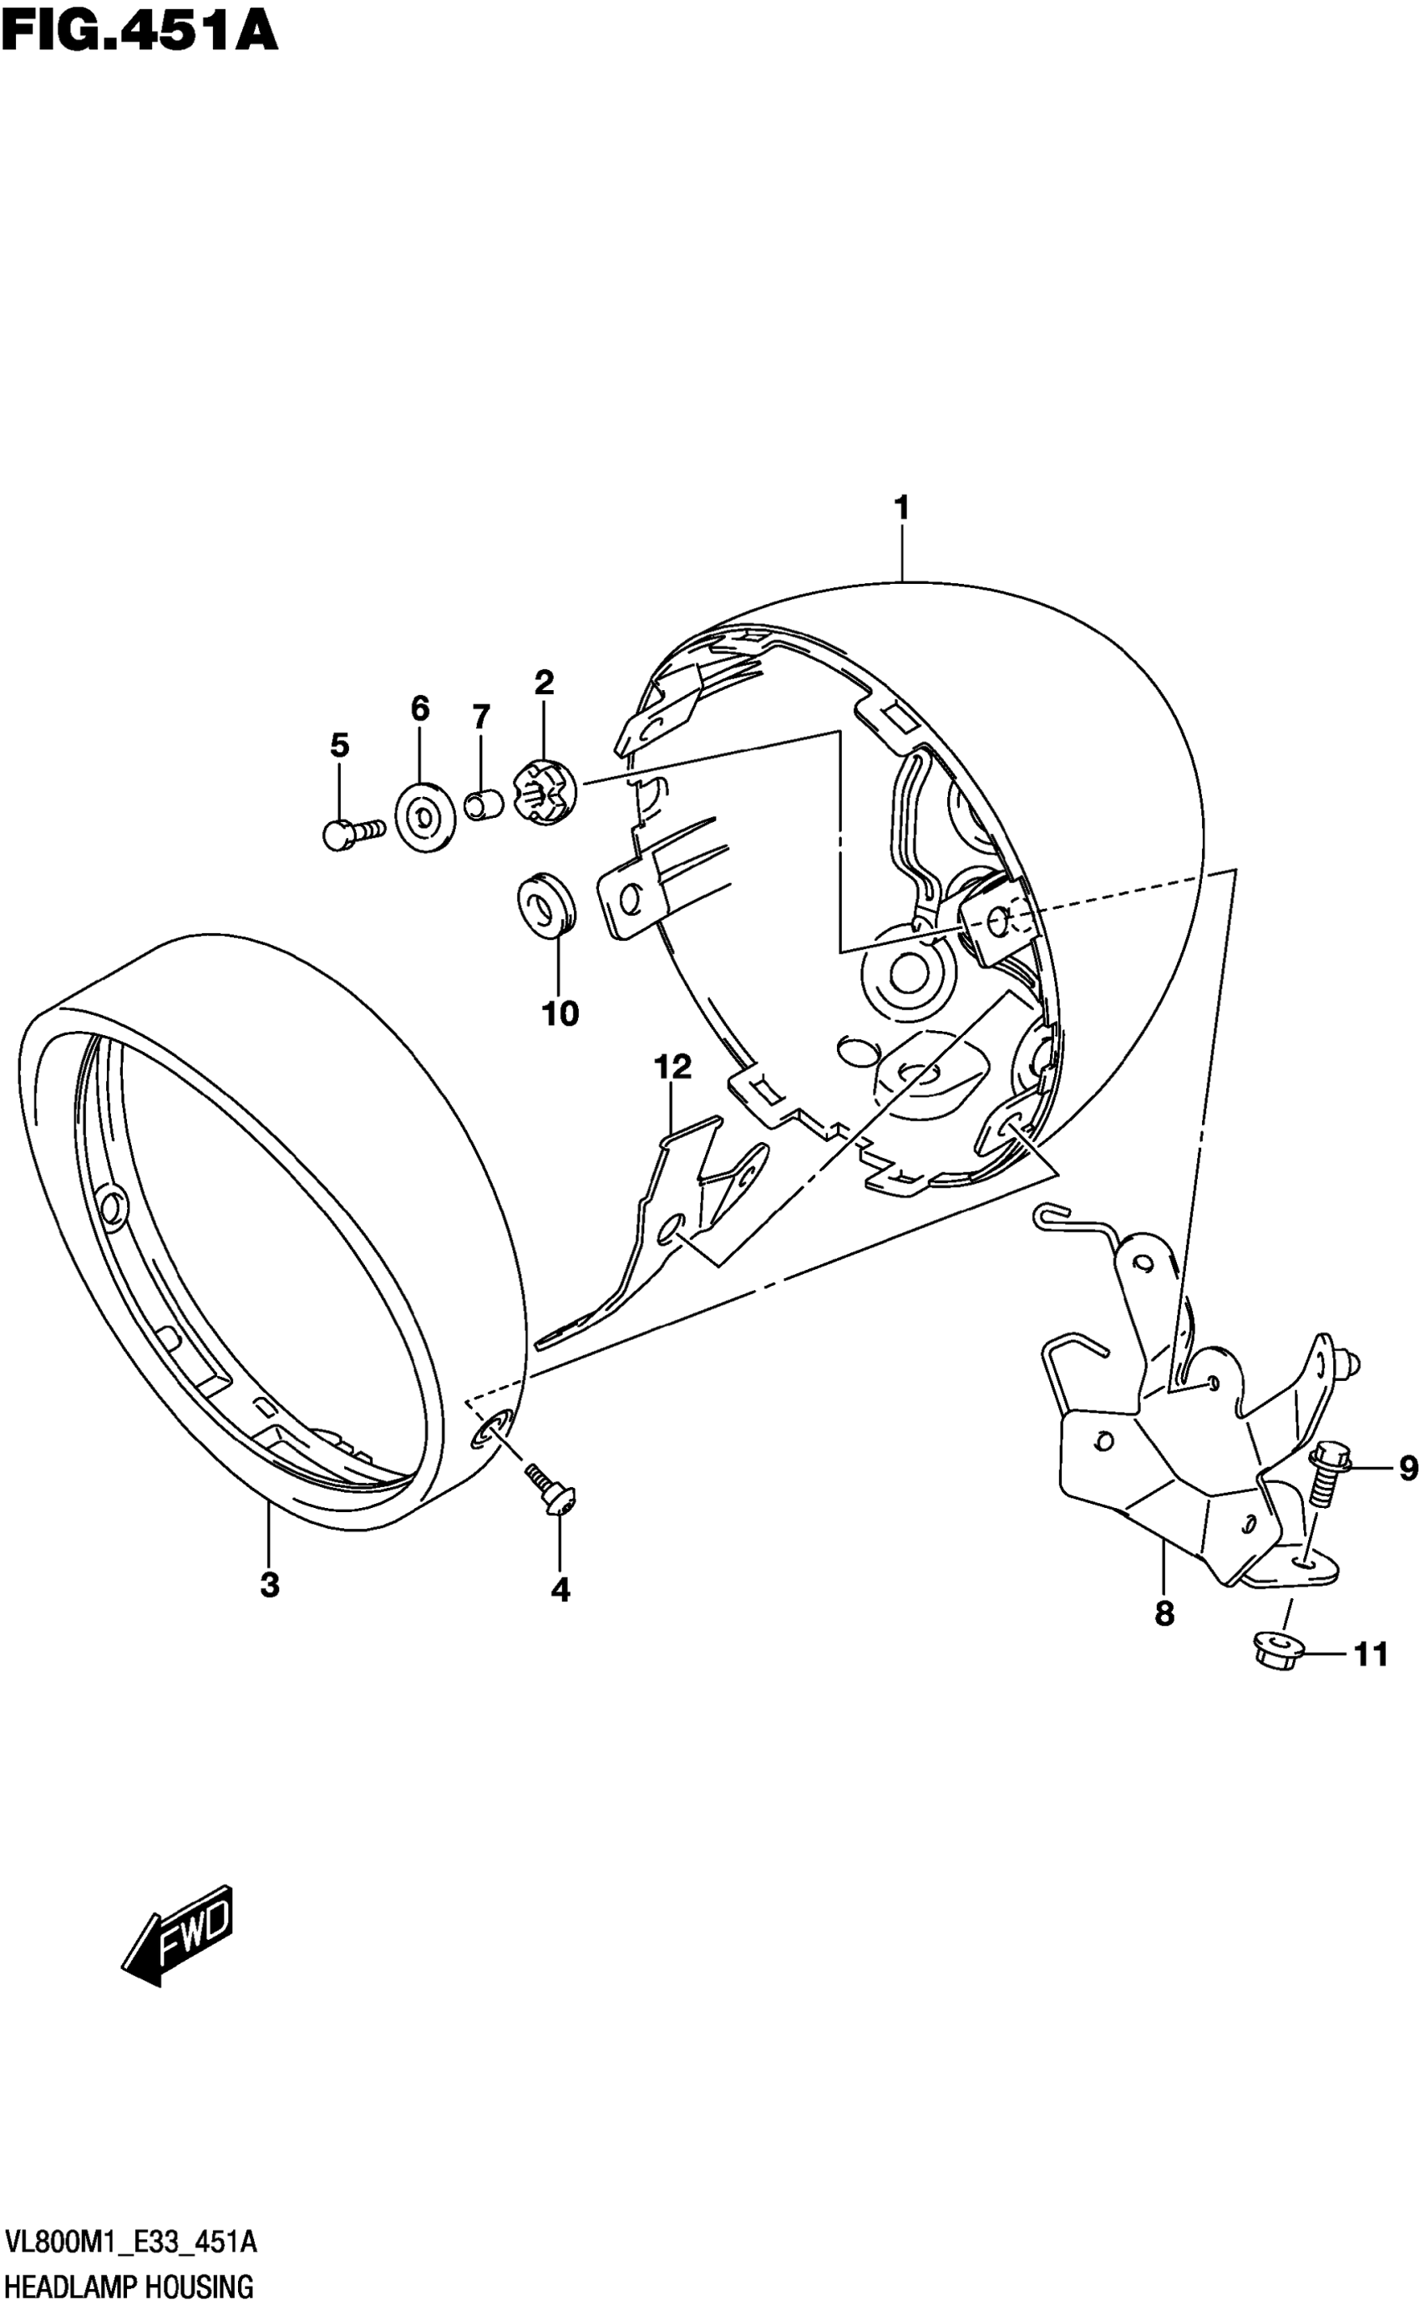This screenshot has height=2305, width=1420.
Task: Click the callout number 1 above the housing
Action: tap(901, 509)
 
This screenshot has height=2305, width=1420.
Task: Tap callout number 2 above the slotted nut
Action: tap(545, 683)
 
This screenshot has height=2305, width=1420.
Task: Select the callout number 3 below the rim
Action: tap(270, 1586)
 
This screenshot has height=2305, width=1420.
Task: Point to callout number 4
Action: tap(560, 1589)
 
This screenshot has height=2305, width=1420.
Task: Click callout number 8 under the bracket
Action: tap(1164, 1614)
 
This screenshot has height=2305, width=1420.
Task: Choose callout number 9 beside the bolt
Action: tap(1407, 1467)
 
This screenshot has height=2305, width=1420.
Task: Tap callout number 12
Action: tap(672, 1066)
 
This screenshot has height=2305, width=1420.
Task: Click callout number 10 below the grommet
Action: tap(560, 1013)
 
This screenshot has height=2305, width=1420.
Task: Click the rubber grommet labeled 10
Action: tap(545, 905)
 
